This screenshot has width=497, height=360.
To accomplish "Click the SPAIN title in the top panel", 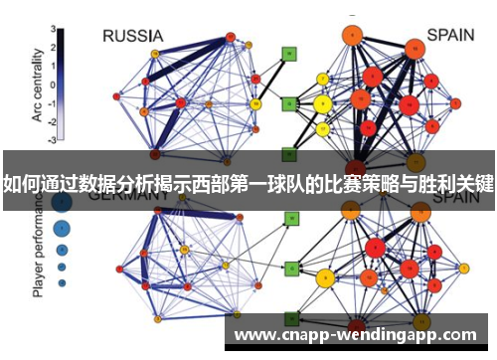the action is [451, 35].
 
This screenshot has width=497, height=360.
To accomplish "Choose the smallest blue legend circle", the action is [62, 282].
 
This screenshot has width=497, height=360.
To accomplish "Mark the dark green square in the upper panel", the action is [288, 154].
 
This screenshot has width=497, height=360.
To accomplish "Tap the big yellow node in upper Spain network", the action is [321, 102].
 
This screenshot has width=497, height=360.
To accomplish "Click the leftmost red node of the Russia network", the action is [117, 96].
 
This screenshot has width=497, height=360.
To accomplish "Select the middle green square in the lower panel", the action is [291, 269].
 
